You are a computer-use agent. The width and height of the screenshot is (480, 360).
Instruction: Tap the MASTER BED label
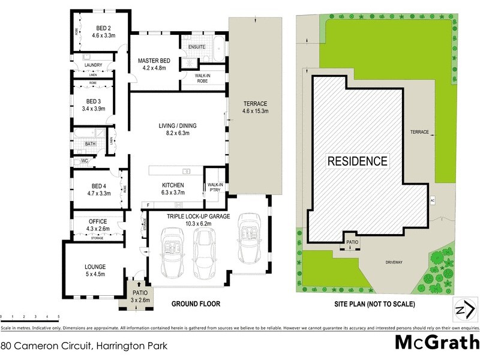154,60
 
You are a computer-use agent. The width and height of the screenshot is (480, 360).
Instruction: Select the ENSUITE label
196,47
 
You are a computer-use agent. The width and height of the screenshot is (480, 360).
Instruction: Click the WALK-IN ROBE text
203,77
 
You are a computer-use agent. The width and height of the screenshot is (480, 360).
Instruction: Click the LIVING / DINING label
177,125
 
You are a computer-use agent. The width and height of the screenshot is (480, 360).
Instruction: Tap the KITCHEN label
173,185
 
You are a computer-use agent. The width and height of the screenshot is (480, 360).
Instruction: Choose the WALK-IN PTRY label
214,187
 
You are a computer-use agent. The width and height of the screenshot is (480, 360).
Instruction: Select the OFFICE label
97,221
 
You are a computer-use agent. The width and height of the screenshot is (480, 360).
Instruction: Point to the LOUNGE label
95,266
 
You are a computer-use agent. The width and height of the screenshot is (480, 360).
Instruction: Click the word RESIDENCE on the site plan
357,161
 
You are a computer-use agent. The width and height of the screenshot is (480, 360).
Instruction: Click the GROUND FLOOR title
196,304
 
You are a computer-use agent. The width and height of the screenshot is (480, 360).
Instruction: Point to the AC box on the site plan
431,200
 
